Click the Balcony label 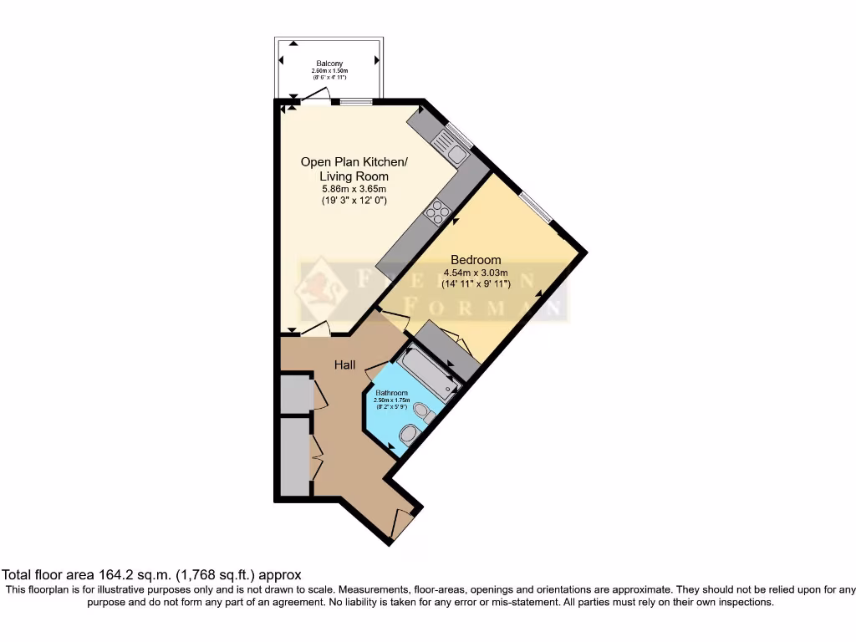point(329,64)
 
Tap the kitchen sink point(456,153)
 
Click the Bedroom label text point(476,260)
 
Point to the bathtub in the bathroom point(427,374)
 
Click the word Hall point(345,365)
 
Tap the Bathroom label point(391,393)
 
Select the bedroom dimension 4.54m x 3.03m point(476,273)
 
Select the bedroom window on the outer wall point(534,207)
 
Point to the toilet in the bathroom point(425,410)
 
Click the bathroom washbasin point(409,433)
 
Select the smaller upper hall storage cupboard point(294,395)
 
